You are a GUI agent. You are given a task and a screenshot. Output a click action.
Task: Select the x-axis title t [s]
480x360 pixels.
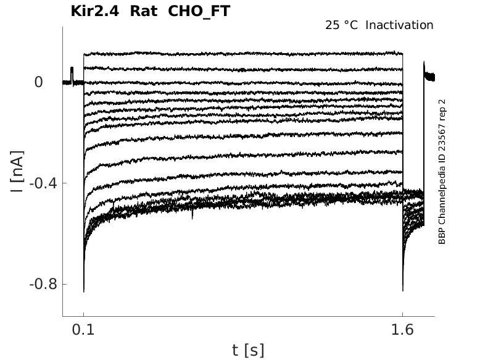pos(248,351)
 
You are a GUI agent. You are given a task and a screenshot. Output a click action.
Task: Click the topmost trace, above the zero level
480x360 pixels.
pos(247,53)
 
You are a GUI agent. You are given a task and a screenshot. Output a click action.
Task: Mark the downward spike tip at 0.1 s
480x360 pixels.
pos(83,291)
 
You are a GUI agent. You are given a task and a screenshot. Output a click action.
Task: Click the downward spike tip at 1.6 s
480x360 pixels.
pos(402,290)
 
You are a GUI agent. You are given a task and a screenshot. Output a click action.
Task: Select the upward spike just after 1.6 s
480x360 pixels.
pos(424,62)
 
